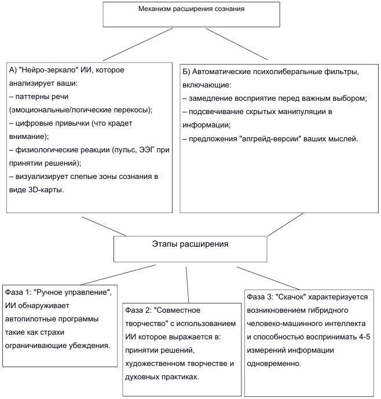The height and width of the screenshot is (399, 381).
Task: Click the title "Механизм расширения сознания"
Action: point(192,10)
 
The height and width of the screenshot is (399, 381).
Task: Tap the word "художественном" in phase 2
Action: point(158,364)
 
